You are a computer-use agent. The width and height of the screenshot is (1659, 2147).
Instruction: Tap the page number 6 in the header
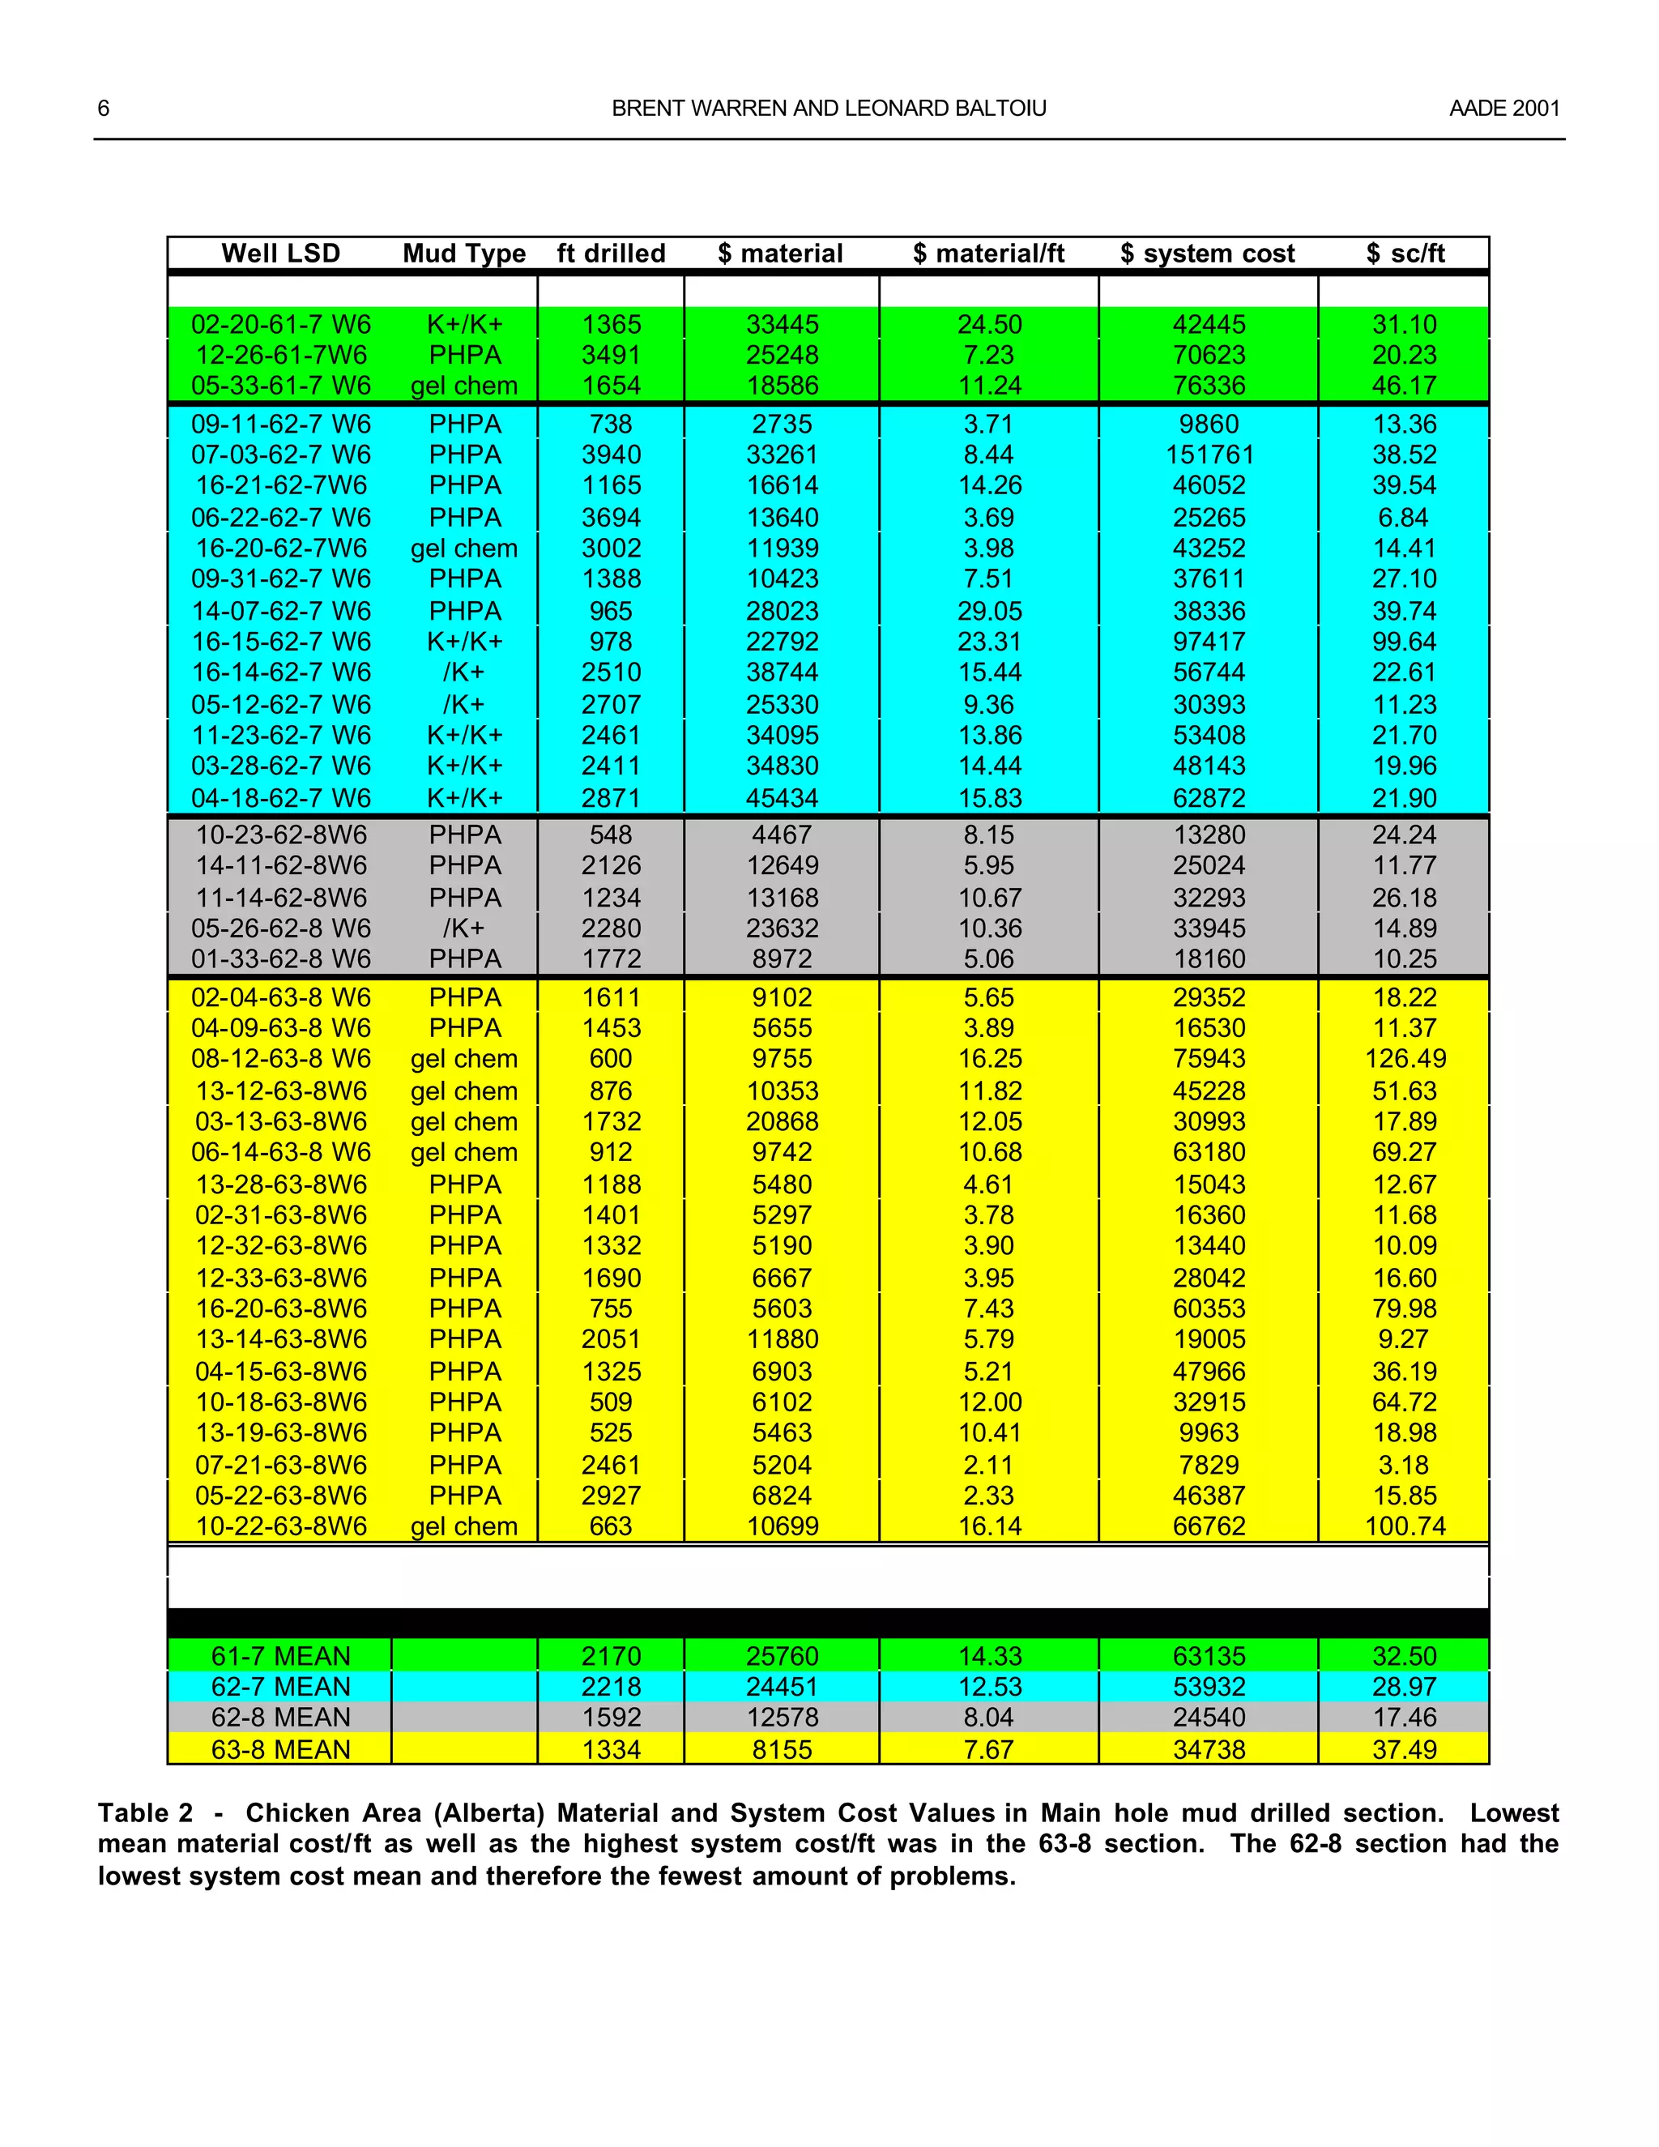(x=103, y=108)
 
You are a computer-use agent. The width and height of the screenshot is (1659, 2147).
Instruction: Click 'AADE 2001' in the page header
(x=1503, y=108)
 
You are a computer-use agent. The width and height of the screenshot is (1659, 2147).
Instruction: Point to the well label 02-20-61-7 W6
(x=281, y=324)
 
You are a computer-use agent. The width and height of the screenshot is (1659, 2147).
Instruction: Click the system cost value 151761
(x=1209, y=455)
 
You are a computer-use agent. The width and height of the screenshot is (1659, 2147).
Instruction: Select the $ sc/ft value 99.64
(x=1404, y=642)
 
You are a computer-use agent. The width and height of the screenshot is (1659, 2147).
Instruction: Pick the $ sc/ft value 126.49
(x=1405, y=1059)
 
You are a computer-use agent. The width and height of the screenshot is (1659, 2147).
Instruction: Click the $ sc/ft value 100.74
(x=1405, y=1526)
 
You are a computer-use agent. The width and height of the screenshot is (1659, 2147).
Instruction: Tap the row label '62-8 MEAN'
(x=281, y=1718)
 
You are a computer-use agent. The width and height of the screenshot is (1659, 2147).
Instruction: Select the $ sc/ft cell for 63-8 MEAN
(x=1404, y=1750)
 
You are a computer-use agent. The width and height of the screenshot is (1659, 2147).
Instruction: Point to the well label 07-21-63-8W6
(x=281, y=1465)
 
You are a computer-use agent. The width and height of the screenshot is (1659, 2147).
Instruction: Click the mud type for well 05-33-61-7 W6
(x=464, y=386)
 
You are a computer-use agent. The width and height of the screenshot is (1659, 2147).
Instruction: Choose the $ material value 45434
(x=782, y=798)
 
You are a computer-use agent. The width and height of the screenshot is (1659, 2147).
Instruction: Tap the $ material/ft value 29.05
(x=989, y=612)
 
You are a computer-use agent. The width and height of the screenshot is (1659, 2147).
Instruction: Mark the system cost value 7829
(x=1209, y=1465)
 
